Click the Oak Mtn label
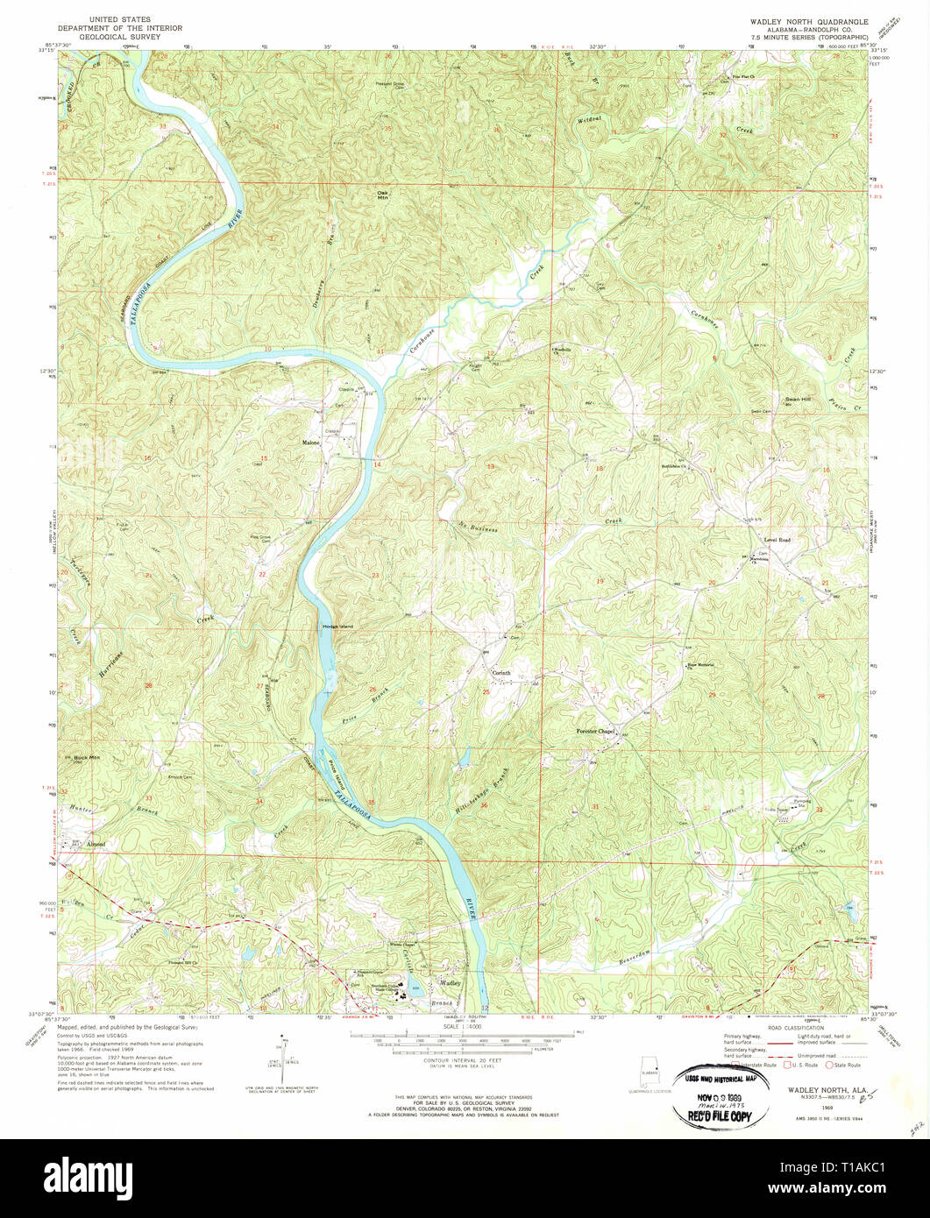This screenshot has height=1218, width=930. [x=382, y=195]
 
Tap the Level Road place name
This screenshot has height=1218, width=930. [x=777, y=540]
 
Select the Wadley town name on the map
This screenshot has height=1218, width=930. [x=450, y=983]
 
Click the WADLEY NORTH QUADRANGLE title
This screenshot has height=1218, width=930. [x=807, y=19]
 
